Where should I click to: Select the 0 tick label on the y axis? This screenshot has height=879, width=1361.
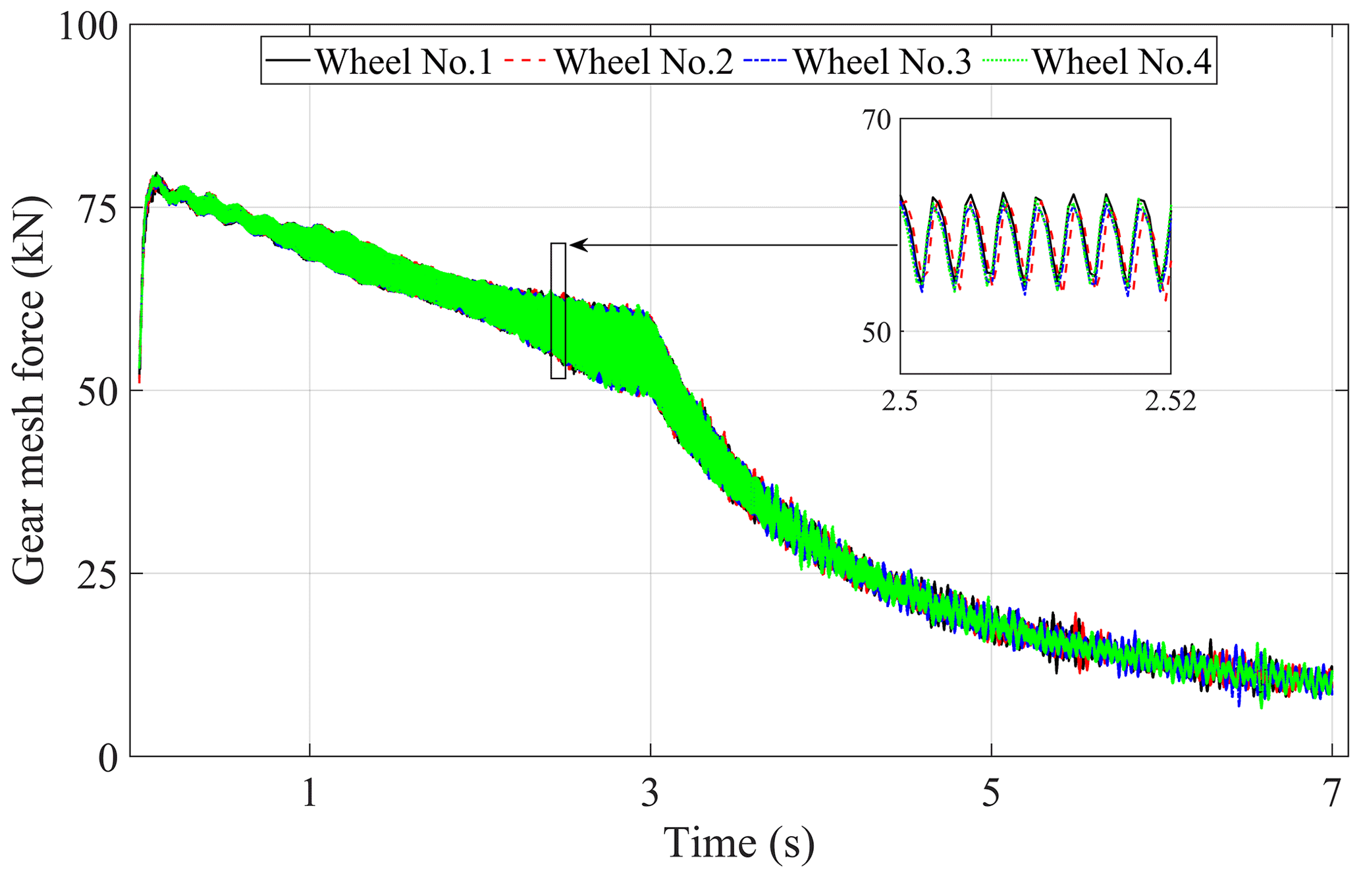coord(108,758)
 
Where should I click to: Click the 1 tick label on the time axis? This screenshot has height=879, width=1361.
coord(309,792)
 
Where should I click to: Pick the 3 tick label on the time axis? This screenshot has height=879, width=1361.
coord(650,792)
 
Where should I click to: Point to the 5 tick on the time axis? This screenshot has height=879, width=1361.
coord(991,792)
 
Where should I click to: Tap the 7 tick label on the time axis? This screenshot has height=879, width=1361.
coord(1331,792)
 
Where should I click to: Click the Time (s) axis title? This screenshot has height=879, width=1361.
coord(738,843)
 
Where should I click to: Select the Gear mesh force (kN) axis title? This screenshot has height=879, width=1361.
coord(30,390)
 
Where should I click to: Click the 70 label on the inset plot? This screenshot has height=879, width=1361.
coord(875,120)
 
